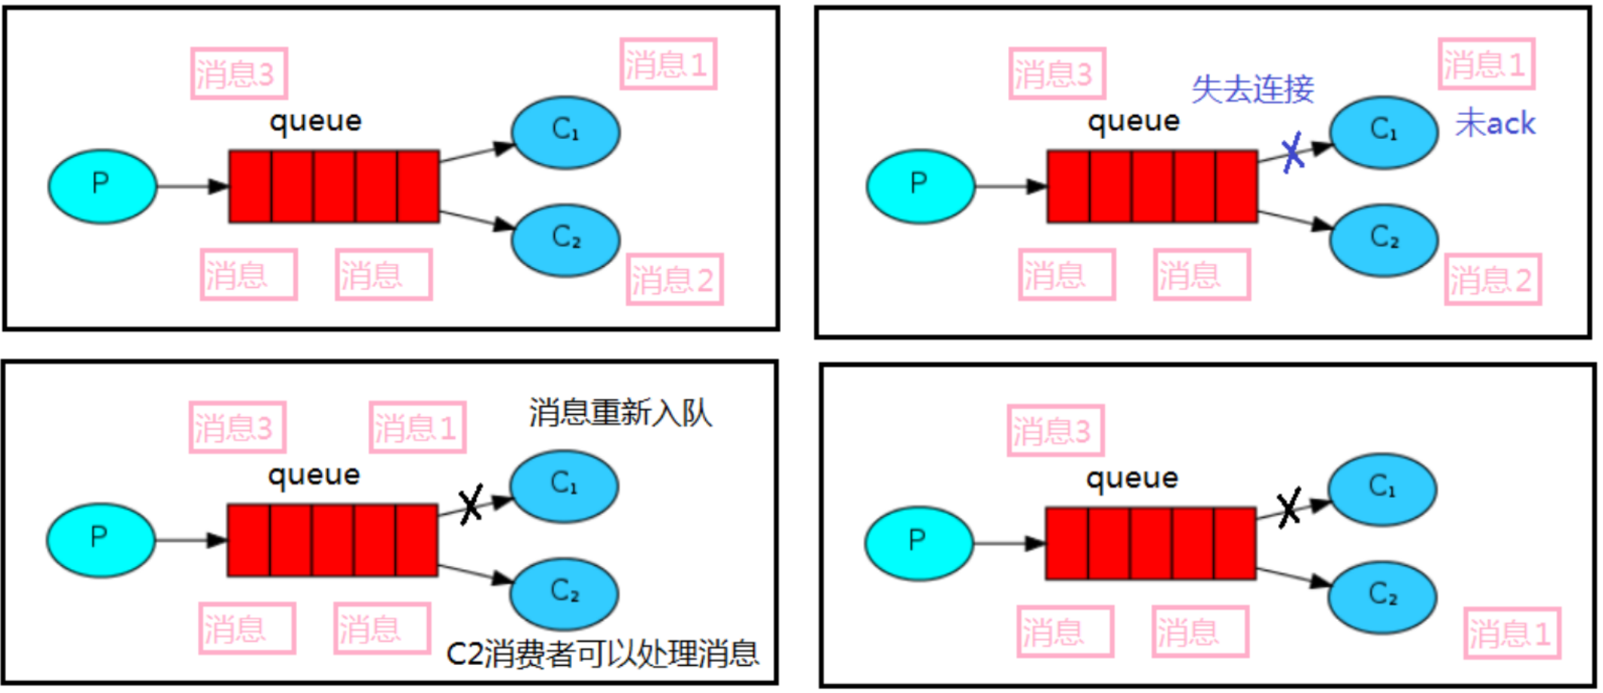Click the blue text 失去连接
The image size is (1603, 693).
pyautogui.click(x=1252, y=89)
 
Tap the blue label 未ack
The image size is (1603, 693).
pyautogui.click(x=1495, y=123)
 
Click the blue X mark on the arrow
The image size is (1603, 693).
pyautogui.click(x=1293, y=153)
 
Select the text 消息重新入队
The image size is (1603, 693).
pyautogui.click(x=620, y=413)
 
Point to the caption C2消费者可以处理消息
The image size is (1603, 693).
pyautogui.click(x=602, y=654)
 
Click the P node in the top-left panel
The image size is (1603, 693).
pyautogui.click(x=102, y=186)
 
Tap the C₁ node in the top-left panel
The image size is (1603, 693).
pyautogui.click(x=566, y=132)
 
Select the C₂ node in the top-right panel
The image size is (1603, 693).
pyautogui.click(x=1384, y=240)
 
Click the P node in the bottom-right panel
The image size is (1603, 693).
pyautogui.click(x=918, y=543)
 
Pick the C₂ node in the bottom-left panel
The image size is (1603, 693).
pyautogui.click(x=565, y=593)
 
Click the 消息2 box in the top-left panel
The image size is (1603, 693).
pyautogui.click(x=674, y=280)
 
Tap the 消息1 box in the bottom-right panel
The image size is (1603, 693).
pyautogui.click(x=1512, y=633)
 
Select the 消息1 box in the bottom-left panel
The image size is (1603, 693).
pyautogui.click(x=417, y=428)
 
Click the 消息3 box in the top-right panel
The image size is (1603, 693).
pyautogui.click(x=1057, y=74)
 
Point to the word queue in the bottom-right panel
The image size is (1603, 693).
pyautogui.click(x=1131, y=478)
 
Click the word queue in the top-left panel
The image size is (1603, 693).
pyautogui.click(x=315, y=122)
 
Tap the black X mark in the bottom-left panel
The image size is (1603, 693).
pyautogui.click(x=471, y=504)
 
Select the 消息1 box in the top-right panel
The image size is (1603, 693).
pyautogui.click(x=1486, y=64)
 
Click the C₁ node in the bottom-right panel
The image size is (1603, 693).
pyautogui.click(x=1382, y=489)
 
